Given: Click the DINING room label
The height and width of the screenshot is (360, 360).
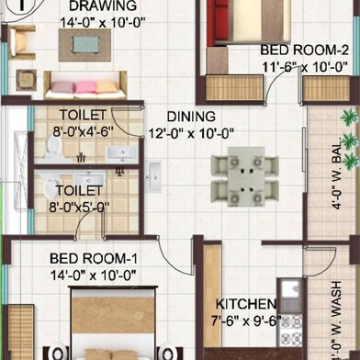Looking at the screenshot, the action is click(191, 117).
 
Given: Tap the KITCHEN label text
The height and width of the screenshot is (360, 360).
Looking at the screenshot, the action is click(246, 304).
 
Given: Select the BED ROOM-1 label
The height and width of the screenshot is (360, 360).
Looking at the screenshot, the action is click(94, 259).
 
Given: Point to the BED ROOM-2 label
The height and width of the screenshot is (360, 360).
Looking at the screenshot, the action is click(304, 50).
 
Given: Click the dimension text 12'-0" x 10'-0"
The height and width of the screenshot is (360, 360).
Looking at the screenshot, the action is click(191, 133).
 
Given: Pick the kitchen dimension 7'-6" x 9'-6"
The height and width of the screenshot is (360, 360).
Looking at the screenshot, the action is click(246, 321).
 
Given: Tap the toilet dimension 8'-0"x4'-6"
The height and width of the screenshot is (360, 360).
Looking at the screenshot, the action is click(84, 132).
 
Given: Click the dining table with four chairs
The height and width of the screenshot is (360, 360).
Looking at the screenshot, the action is click(245, 176).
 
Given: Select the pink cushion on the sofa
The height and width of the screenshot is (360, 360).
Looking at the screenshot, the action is click(85, 87).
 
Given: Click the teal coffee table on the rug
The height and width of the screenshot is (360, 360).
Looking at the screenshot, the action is click(86, 45).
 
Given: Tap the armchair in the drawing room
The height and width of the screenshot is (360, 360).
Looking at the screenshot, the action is click(21, 42).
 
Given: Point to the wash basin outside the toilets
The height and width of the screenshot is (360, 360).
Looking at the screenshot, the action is click(152, 177).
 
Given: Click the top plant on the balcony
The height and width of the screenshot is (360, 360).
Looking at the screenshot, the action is click(349, 118).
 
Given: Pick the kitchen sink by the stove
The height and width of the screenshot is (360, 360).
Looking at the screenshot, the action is click(289, 288).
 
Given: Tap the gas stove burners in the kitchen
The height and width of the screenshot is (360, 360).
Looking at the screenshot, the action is click(290, 332).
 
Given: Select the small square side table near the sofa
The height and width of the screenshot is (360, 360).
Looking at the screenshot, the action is click(27, 80).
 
